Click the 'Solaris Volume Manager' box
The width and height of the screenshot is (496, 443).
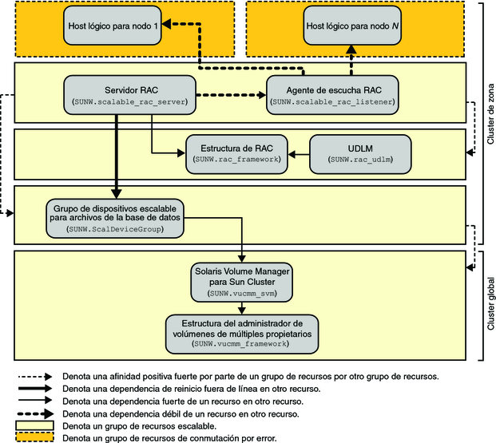coord(237,282)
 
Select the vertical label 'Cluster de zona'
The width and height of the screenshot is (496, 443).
coord(489,120)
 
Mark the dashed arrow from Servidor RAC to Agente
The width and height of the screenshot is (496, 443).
coord(231,94)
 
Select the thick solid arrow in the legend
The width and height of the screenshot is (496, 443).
coord(35,388)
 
